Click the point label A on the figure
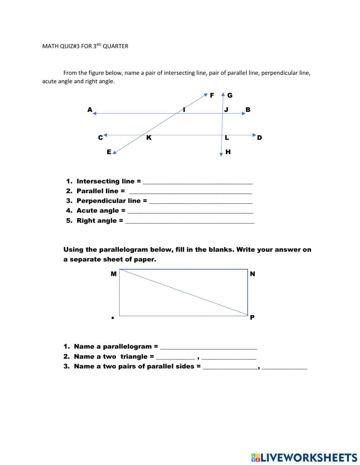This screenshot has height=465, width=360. click(x=90, y=109)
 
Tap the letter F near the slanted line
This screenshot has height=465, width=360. click(x=212, y=95)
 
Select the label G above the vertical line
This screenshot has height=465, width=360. click(x=230, y=95)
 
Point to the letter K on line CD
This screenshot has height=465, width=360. click(x=149, y=138)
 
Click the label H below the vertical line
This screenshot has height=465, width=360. click(x=228, y=152)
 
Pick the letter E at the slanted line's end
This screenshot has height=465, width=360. click(x=109, y=152)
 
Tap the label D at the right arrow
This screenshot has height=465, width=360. click(x=260, y=138)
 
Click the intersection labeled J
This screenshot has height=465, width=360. click(x=226, y=109)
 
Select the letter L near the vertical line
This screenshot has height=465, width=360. click(x=227, y=138)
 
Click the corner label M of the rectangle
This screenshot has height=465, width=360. click(x=113, y=274)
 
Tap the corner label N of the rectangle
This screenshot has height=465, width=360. click(x=252, y=274)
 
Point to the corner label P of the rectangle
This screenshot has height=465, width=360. click(x=252, y=317)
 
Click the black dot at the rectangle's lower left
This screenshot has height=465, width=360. click(x=113, y=318)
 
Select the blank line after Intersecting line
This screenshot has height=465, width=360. click(x=198, y=183)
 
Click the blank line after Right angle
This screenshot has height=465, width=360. click(x=189, y=222)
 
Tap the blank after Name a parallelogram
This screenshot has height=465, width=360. click(x=208, y=348)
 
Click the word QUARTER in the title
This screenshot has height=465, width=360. click(x=115, y=46)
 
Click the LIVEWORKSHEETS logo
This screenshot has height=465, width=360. click(x=304, y=457)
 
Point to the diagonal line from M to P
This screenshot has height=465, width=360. click(x=184, y=292)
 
